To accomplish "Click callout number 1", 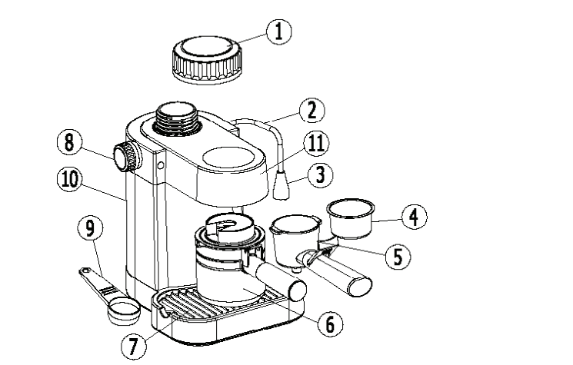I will coord(280,31).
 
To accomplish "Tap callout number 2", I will coord(311,111).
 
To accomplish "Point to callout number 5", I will coord(397,257).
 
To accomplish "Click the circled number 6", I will coord(328,324).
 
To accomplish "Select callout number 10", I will coord(70,180).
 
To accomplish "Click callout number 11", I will coord(317,144).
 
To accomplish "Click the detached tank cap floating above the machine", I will coord(205,58).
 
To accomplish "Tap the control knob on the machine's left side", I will coord(125,158).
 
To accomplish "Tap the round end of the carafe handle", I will coord(297,289).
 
